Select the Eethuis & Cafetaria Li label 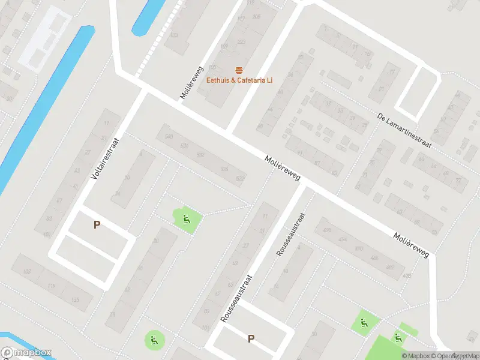coord(239,80)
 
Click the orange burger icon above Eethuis coord(239,70)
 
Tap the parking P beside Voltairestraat coord(96,225)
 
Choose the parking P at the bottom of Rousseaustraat coord(251,339)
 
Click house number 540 coord(169,137)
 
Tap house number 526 coord(224,170)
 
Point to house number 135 coord(75,300)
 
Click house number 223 coord(241,42)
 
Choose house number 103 coord(26,272)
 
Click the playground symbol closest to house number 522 coord(187,218)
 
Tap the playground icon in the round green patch coord(154,341)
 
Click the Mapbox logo coord(26,353)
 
